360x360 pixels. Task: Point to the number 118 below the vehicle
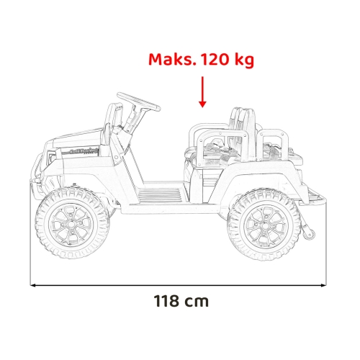(x=166, y=301)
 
